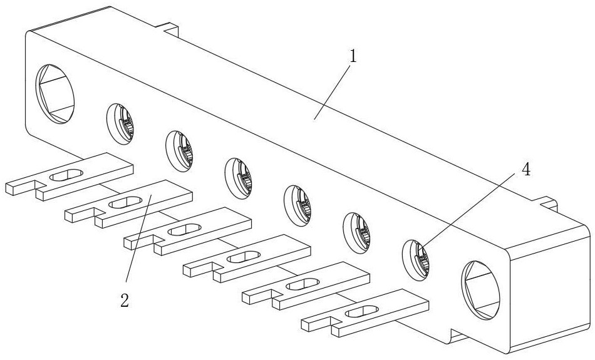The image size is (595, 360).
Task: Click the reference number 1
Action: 353,56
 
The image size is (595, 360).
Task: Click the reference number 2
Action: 125,301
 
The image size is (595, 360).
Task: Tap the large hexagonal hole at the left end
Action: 55,94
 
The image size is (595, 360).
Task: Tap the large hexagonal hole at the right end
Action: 480,291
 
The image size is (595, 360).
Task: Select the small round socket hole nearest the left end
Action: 120,124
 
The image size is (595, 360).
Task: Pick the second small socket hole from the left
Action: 180,151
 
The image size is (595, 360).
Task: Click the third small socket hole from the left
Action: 239,178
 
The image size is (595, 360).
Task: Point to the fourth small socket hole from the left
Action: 298,205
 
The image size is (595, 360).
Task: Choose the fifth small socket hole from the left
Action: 357,233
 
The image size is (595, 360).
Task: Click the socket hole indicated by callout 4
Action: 416,260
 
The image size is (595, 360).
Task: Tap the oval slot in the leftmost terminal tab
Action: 66,175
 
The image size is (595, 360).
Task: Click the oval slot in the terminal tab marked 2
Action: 126,203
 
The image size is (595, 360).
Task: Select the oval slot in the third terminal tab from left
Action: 185,230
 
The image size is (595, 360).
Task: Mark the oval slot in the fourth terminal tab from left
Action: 244,257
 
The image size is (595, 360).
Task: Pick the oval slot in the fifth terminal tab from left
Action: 303,284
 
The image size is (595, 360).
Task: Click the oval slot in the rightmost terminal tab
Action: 363,312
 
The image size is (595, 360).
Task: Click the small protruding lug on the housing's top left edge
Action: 170,28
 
